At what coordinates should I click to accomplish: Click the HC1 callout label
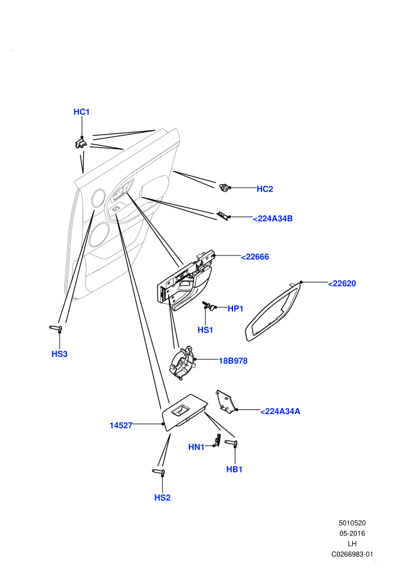pos(81,111)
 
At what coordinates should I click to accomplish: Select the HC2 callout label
pos(265,189)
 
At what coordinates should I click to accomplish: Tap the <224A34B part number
pos(273,219)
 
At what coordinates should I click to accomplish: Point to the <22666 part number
pos(255,257)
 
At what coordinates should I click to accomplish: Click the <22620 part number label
pos(342,283)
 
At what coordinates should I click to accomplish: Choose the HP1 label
pos(235,309)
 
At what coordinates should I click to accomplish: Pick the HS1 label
pos(205,330)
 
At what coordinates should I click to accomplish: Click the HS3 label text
pos(60,354)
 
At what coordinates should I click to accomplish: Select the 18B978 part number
pos(233,360)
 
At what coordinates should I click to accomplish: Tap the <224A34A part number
pos(280,411)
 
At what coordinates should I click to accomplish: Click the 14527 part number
pos(121,425)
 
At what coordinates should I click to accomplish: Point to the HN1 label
pos(196,447)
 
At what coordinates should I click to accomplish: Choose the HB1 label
pos(234,470)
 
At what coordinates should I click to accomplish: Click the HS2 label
pos(162,498)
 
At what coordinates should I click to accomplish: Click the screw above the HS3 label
pos(56,328)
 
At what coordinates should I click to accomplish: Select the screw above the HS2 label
pos(159,472)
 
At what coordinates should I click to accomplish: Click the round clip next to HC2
pos(225,188)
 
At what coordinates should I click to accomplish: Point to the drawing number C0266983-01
pos(352,554)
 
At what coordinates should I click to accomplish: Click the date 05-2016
pos(352,533)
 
